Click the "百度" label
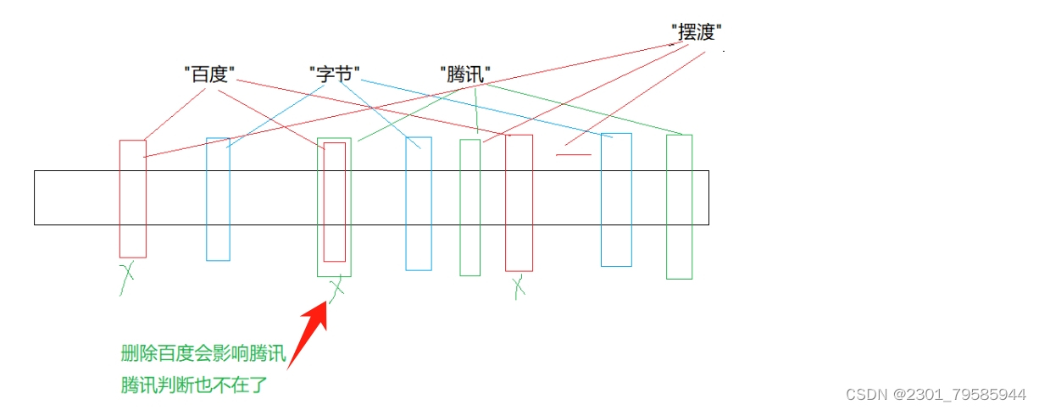208,75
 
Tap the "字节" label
335,74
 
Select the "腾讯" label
464,74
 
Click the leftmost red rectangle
133,199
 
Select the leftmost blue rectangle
218,199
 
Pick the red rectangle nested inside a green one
335,202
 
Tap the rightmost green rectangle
679,207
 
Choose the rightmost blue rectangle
616,200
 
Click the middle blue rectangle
419,203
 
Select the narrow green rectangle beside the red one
469,208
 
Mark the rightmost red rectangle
519,202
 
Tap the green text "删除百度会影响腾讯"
203,354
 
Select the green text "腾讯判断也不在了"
194,385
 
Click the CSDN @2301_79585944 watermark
936,394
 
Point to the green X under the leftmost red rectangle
128,276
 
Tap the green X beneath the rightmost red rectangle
519,287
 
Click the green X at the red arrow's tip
337,288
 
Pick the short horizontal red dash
573,154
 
